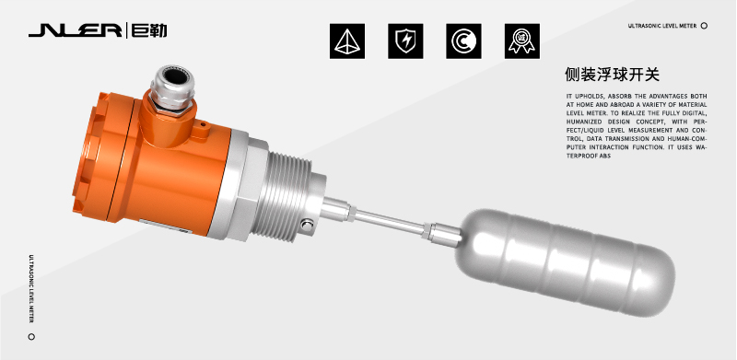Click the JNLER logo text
76,31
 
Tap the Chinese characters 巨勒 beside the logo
149,31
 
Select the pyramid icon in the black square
347,41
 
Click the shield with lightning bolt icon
405,41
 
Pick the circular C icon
463,41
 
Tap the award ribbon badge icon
521,41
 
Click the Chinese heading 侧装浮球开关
612,75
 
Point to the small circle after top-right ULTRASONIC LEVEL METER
704,26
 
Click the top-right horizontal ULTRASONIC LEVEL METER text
661,26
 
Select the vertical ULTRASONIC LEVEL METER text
31,288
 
